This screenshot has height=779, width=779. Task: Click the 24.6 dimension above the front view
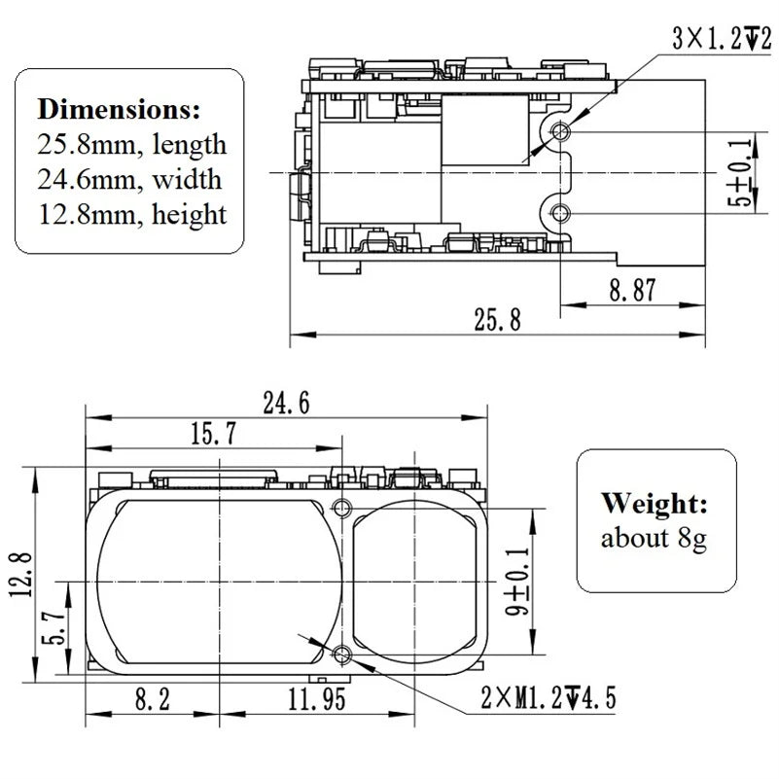coord(288,401)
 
